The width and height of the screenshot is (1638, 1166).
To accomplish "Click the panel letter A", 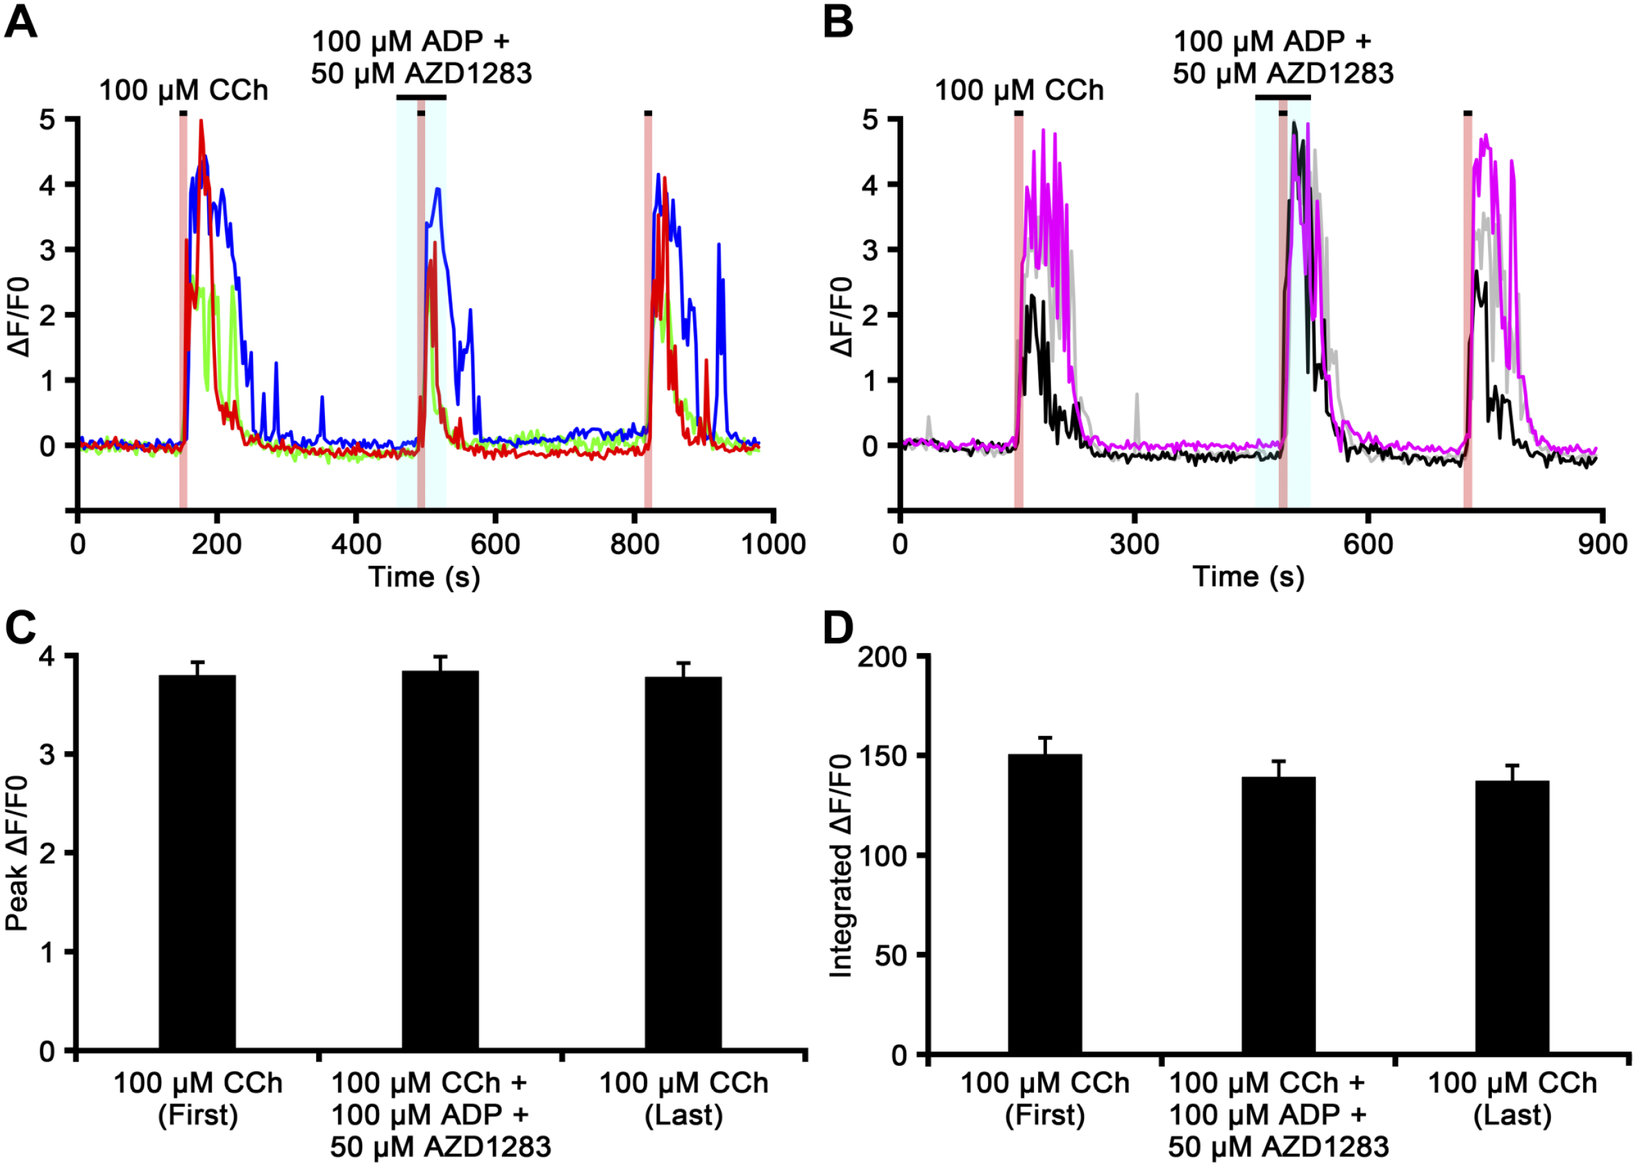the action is click(x=21, y=21).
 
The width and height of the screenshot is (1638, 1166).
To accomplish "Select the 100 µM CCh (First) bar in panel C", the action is click(x=197, y=862).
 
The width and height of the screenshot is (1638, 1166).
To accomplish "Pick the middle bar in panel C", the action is click(x=440, y=860).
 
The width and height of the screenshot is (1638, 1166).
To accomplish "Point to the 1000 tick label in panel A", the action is click(x=773, y=544).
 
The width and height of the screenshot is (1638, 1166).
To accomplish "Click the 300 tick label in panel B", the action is click(x=1134, y=544).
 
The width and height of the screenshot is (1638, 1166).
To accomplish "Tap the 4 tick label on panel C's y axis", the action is click(x=47, y=656).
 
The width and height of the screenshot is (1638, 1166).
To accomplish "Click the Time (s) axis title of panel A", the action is click(x=424, y=578).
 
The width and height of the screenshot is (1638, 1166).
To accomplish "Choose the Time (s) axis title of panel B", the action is click(x=1249, y=578).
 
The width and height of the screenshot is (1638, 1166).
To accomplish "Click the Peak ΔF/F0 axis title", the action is click(x=17, y=853).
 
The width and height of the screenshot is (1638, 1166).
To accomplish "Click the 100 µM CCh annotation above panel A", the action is click(x=183, y=91).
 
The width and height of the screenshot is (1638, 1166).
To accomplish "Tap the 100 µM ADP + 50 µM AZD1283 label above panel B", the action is click(x=1283, y=58).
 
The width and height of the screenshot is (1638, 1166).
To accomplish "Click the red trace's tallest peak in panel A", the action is click(x=202, y=121).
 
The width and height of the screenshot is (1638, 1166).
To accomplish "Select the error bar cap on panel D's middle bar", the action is click(x=1279, y=761).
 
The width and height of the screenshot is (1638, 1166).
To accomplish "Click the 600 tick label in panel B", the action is click(x=1368, y=544).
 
